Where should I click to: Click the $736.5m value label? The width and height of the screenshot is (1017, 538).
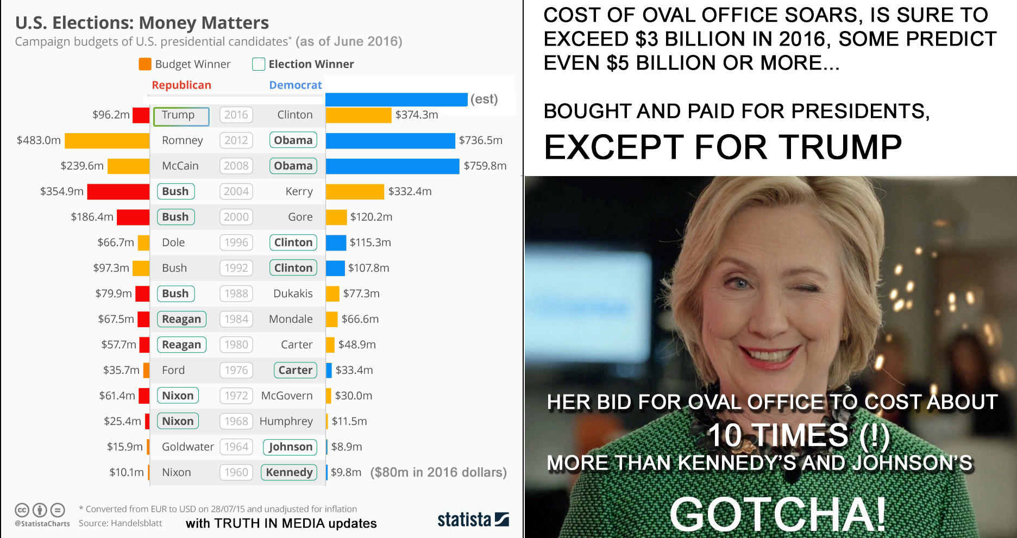[x=480, y=140]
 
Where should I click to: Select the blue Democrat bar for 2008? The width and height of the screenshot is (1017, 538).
[x=392, y=166]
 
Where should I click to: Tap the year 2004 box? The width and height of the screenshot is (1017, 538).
[x=236, y=191]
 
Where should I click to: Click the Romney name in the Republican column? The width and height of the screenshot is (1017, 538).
[x=182, y=140]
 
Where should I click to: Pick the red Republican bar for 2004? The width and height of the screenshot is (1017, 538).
[x=118, y=191]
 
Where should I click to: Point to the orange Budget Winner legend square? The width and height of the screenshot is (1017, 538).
[x=145, y=64]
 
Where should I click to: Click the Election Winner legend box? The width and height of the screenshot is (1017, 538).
[x=259, y=64]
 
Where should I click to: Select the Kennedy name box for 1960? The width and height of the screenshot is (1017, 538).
[x=289, y=472]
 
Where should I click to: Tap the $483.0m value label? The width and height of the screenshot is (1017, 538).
[x=39, y=140]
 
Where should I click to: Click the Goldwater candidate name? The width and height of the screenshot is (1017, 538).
[x=187, y=447]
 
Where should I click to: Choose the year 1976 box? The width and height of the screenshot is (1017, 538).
[x=236, y=370]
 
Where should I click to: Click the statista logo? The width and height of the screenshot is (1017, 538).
[x=473, y=520]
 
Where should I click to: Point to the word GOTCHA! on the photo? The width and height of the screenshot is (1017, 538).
[x=778, y=514]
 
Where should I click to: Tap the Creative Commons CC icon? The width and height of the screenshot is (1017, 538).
[x=22, y=510]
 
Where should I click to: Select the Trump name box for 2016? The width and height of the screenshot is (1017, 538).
[x=181, y=115]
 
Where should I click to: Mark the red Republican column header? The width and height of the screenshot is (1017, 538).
[x=181, y=85]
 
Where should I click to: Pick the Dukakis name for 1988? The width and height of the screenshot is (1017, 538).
[x=293, y=293]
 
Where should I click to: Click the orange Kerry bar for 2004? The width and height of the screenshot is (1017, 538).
[x=355, y=191]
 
